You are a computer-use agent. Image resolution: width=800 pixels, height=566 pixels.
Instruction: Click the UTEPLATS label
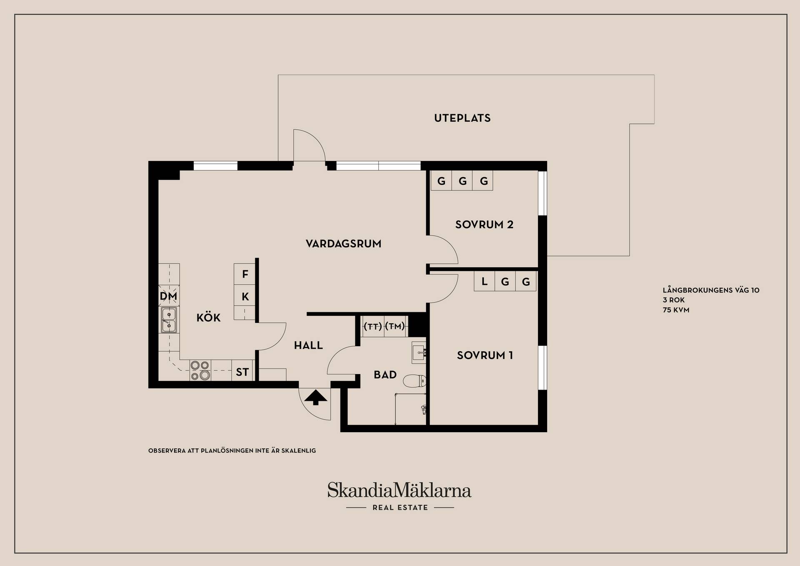(462, 118)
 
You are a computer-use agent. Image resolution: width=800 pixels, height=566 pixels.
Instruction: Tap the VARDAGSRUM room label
(343, 244)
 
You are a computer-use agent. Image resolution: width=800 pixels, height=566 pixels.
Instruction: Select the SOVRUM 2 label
(484, 224)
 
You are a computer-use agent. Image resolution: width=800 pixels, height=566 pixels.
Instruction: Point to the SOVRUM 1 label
(485, 355)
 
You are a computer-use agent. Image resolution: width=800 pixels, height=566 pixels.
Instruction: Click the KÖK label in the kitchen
(208, 317)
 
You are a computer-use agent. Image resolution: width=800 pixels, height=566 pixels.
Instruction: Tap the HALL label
(308, 345)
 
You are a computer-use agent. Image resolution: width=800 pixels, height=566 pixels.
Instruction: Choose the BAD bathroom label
(385, 375)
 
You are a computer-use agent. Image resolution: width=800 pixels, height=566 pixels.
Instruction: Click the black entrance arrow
(315, 397)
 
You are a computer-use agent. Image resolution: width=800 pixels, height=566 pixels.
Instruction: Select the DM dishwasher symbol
(169, 296)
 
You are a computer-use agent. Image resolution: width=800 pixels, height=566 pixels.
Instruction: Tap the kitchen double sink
(169, 320)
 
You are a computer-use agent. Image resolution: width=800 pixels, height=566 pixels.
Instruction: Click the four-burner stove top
(200, 370)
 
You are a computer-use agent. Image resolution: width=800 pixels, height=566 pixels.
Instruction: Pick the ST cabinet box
(242, 371)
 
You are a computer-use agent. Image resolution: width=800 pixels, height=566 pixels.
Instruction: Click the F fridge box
(245, 274)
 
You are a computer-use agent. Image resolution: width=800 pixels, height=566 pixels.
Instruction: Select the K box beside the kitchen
(245, 296)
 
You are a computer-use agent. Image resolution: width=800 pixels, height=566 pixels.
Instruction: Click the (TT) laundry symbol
(372, 326)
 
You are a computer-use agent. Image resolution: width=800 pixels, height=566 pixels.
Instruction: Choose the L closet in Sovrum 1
(484, 282)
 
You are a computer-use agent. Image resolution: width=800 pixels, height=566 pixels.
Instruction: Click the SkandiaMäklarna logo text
(399, 490)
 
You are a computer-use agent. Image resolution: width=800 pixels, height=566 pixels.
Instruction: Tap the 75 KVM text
(676, 310)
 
